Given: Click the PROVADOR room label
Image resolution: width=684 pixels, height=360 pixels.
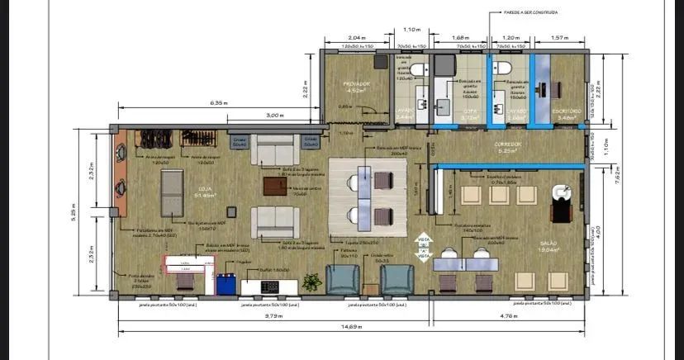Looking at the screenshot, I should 356,84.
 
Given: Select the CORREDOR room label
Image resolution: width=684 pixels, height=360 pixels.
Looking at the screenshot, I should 506,145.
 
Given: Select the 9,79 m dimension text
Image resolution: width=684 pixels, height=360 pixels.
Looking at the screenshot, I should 274,315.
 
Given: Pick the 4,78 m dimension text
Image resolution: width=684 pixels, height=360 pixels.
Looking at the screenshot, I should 510,315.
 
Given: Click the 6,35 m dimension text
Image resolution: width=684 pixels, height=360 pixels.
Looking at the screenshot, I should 218,103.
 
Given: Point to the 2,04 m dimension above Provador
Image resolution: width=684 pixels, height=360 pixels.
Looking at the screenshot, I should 356,39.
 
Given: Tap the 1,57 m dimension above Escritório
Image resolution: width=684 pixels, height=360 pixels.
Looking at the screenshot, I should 558,39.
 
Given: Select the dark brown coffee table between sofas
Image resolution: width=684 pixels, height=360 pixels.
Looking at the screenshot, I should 275,186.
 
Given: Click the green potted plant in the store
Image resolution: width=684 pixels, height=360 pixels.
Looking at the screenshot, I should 311,282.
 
